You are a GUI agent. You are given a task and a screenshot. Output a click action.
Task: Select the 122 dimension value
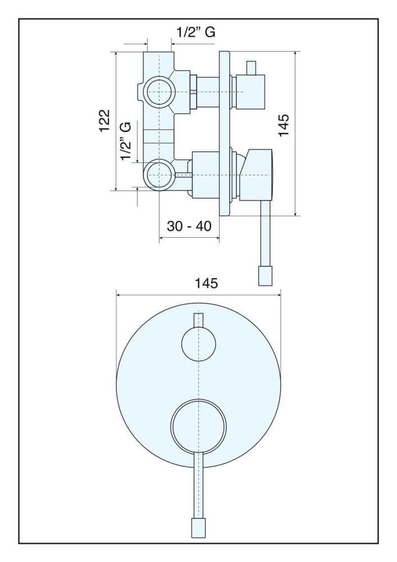[104, 121]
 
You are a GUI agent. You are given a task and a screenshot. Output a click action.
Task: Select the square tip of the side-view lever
[265, 275]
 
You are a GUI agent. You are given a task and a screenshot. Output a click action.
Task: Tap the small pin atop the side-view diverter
[250, 66]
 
